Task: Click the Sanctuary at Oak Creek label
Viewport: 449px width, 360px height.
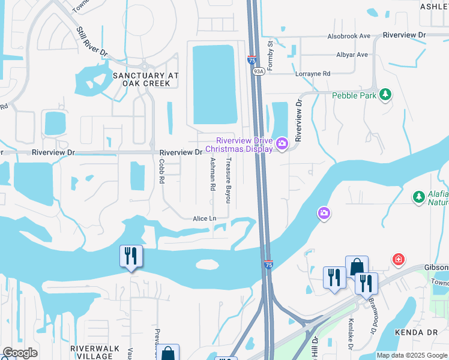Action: coord(146,79)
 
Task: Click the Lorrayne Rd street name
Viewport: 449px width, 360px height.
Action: coord(313,74)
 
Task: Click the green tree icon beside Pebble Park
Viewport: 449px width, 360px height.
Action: coord(385,95)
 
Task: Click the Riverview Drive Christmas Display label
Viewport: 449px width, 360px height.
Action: coord(240,145)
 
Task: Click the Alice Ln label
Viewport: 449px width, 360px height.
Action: coord(204,219)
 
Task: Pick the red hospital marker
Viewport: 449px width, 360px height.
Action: coord(397,259)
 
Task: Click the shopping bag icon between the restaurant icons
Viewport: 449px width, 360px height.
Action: coord(357,266)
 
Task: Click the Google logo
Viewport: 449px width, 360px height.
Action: coord(20,353)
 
